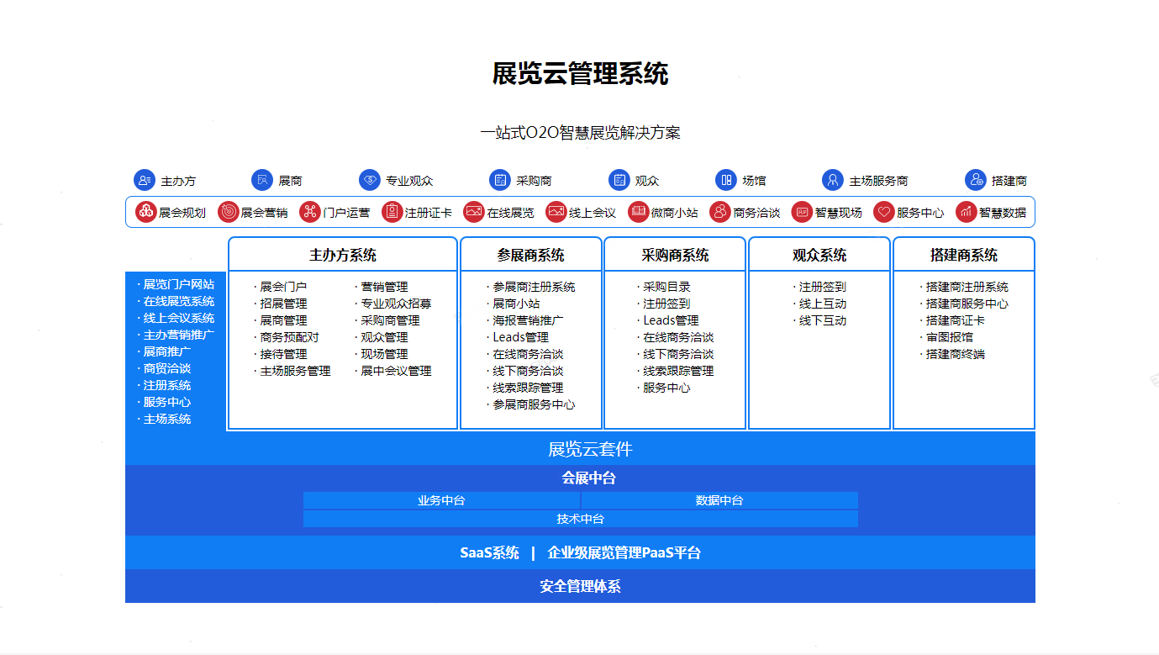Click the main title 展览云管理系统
tap(580, 73)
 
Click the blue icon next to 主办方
tap(145, 180)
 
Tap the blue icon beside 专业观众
tap(370, 180)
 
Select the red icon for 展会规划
tap(146, 212)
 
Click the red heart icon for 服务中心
tap(883, 212)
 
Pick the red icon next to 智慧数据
tap(966, 212)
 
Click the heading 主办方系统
tap(343, 255)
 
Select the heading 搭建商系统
tap(963, 255)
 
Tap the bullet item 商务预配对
tap(289, 337)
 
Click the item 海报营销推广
tap(528, 320)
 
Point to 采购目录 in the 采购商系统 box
tap(666, 287)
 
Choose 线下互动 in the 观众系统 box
tap(823, 320)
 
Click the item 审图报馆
tap(950, 337)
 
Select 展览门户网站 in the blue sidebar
tap(178, 284)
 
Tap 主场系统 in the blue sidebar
tap(167, 419)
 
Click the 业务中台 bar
tap(441, 500)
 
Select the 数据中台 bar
tap(719, 500)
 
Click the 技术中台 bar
tap(581, 519)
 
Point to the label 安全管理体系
tap(580, 586)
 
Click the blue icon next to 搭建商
tap(975, 180)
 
